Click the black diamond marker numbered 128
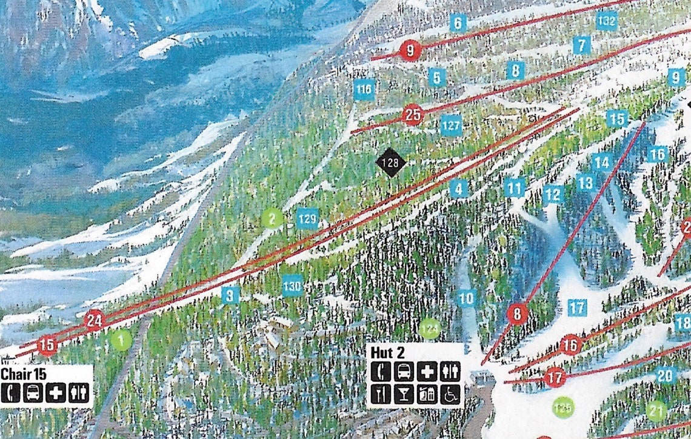[x=390, y=163]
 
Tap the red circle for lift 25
[x=412, y=114]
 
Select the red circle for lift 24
[x=94, y=320]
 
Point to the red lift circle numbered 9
[x=410, y=51]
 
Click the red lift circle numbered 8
[x=518, y=314]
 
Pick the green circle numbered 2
[x=272, y=218]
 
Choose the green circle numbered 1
[x=121, y=340]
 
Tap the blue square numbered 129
[x=308, y=218]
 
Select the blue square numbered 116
[x=364, y=90]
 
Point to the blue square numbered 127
[x=451, y=125]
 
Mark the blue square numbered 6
[x=458, y=24]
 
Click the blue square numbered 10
[x=466, y=298]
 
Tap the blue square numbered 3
[x=230, y=295]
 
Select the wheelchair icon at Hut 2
[x=450, y=394]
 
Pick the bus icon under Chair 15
[x=33, y=393]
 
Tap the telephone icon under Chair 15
[x=10, y=393]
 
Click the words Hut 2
[x=389, y=352]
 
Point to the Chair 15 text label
[x=24, y=373]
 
